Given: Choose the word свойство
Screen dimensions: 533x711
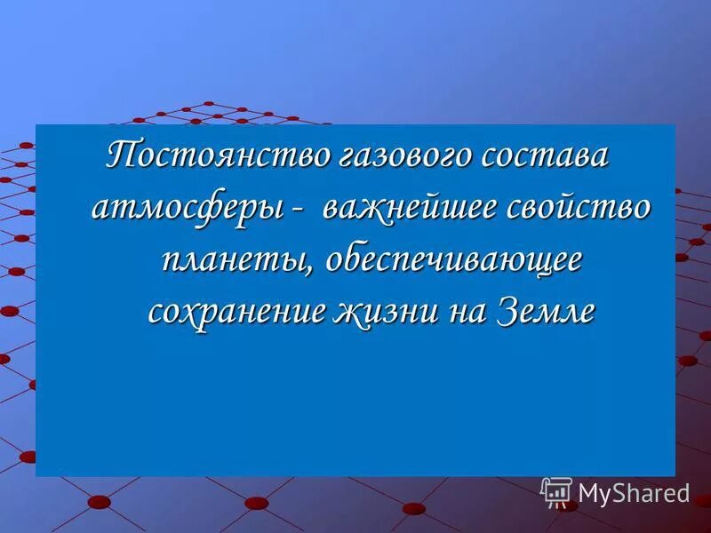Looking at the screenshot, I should click(x=579, y=210).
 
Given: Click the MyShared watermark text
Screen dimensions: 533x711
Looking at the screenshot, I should click(x=634, y=492).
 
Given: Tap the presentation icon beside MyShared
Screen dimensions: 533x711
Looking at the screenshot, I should click(x=556, y=492).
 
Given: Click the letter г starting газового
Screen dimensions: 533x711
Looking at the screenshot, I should click(x=348, y=158).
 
